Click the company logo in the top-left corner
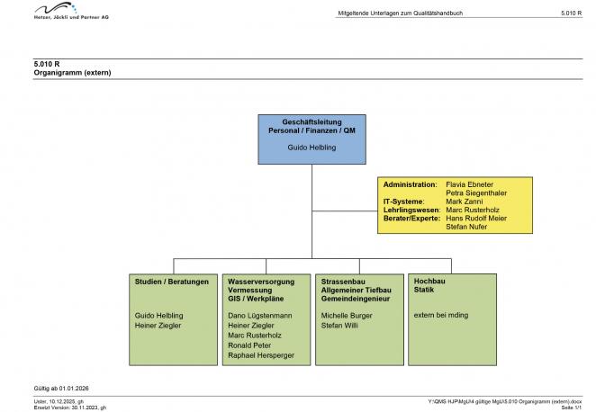click(70, 12)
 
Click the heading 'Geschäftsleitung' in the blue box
click(312, 122)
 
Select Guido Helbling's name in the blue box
click(312, 146)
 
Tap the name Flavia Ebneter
click(470, 184)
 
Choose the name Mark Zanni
click(465, 202)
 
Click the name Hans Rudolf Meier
click(476, 219)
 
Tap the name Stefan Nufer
click(467, 227)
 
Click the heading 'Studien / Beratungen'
click(172, 282)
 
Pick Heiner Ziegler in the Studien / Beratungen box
click(158, 326)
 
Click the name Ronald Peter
click(249, 345)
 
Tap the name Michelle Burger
click(347, 316)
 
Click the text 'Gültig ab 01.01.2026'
click(61, 388)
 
